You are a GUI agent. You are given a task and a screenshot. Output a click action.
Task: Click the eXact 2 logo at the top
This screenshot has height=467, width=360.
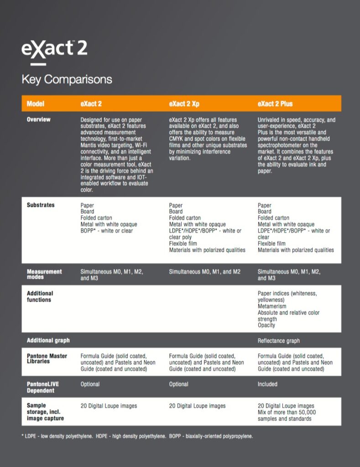[54, 48]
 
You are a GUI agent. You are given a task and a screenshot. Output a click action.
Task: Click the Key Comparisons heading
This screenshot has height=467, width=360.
[67, 79]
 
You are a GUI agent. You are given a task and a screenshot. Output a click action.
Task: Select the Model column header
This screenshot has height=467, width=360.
[36, 104]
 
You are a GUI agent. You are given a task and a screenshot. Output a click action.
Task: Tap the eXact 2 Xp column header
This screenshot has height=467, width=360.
[184, 104]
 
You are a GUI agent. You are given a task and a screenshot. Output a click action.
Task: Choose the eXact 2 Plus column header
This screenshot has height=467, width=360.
[275, 104]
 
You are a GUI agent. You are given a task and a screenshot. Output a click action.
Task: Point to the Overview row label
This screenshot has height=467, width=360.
[39, 119]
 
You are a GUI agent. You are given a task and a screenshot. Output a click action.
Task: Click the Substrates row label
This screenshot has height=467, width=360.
[41, 205]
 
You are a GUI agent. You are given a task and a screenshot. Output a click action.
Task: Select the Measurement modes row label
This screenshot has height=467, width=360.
[44, 274]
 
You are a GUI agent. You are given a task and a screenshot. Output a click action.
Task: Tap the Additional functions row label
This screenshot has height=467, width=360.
[40, 296]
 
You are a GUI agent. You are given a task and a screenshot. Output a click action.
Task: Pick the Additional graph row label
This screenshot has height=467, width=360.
[48, 341]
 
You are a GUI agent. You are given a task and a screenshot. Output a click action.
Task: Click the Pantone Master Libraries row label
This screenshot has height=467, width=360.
[47, 358]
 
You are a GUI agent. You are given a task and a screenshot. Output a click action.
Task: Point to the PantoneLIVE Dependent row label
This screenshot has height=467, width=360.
[43, 387]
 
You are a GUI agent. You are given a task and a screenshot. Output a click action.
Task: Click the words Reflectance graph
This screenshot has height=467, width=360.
[278, 341]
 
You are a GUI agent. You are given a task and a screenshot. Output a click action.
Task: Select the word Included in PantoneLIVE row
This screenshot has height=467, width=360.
[267, 384]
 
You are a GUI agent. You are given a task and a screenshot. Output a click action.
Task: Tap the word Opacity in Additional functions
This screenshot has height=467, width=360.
[266, 325]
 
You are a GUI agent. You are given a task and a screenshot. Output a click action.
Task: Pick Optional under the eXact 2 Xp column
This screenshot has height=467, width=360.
[179, 384]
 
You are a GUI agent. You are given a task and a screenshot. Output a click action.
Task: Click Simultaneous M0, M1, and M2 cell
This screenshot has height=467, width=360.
[204, 272]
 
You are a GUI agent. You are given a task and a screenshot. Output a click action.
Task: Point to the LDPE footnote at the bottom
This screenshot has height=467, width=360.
[137, 436]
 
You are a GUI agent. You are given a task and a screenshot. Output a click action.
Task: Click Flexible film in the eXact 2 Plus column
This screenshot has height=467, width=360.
[271, 244]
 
